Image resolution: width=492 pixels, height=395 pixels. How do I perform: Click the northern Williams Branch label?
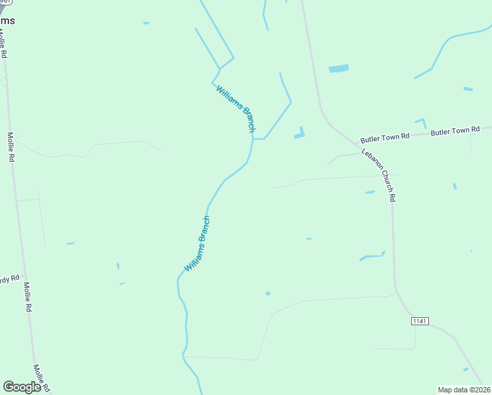pos(235,109)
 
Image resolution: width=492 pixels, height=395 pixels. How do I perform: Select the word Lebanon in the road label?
pos(372,163)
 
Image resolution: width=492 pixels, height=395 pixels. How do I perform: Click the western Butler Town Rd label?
pos(385,138)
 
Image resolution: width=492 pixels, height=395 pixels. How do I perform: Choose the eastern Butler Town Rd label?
pos(455,132)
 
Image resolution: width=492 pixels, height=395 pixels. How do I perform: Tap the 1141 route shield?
pos(420,321)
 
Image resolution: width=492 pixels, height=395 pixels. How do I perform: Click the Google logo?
pos(22,387)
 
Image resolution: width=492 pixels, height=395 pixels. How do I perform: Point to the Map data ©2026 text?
pos(464,390)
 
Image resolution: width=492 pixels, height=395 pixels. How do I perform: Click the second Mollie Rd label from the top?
pos(11,147)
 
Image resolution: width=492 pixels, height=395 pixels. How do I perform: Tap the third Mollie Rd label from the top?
pos(28,297)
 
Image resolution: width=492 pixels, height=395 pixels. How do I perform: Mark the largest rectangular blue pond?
pos(339,68)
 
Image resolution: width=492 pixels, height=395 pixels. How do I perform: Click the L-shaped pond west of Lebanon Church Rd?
pos(300,134)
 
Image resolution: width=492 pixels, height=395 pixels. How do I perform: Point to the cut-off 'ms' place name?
pos(7,20)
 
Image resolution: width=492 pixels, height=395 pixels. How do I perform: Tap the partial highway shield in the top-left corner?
pos(3,4)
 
